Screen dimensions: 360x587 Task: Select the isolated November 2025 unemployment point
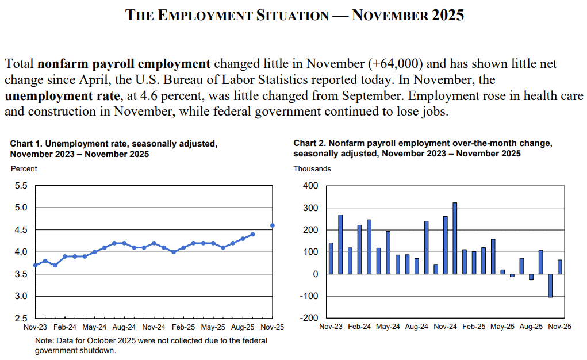click(272, 225)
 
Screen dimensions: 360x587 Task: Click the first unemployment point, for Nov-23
click(36, 265)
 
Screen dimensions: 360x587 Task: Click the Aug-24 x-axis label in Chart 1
click(124, 327)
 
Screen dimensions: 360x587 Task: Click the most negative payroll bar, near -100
click(550, 285)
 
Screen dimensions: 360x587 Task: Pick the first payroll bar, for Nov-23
click(331, 258)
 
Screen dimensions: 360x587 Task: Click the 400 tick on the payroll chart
click(310, 186)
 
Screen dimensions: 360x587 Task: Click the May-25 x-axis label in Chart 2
click(502, 327)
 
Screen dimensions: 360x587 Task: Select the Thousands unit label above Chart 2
click(312, 169)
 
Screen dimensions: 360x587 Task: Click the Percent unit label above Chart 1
click(24, 169)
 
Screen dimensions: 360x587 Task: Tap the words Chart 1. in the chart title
click(26, 143)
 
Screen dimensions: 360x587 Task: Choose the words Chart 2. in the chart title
click(309, 143)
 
